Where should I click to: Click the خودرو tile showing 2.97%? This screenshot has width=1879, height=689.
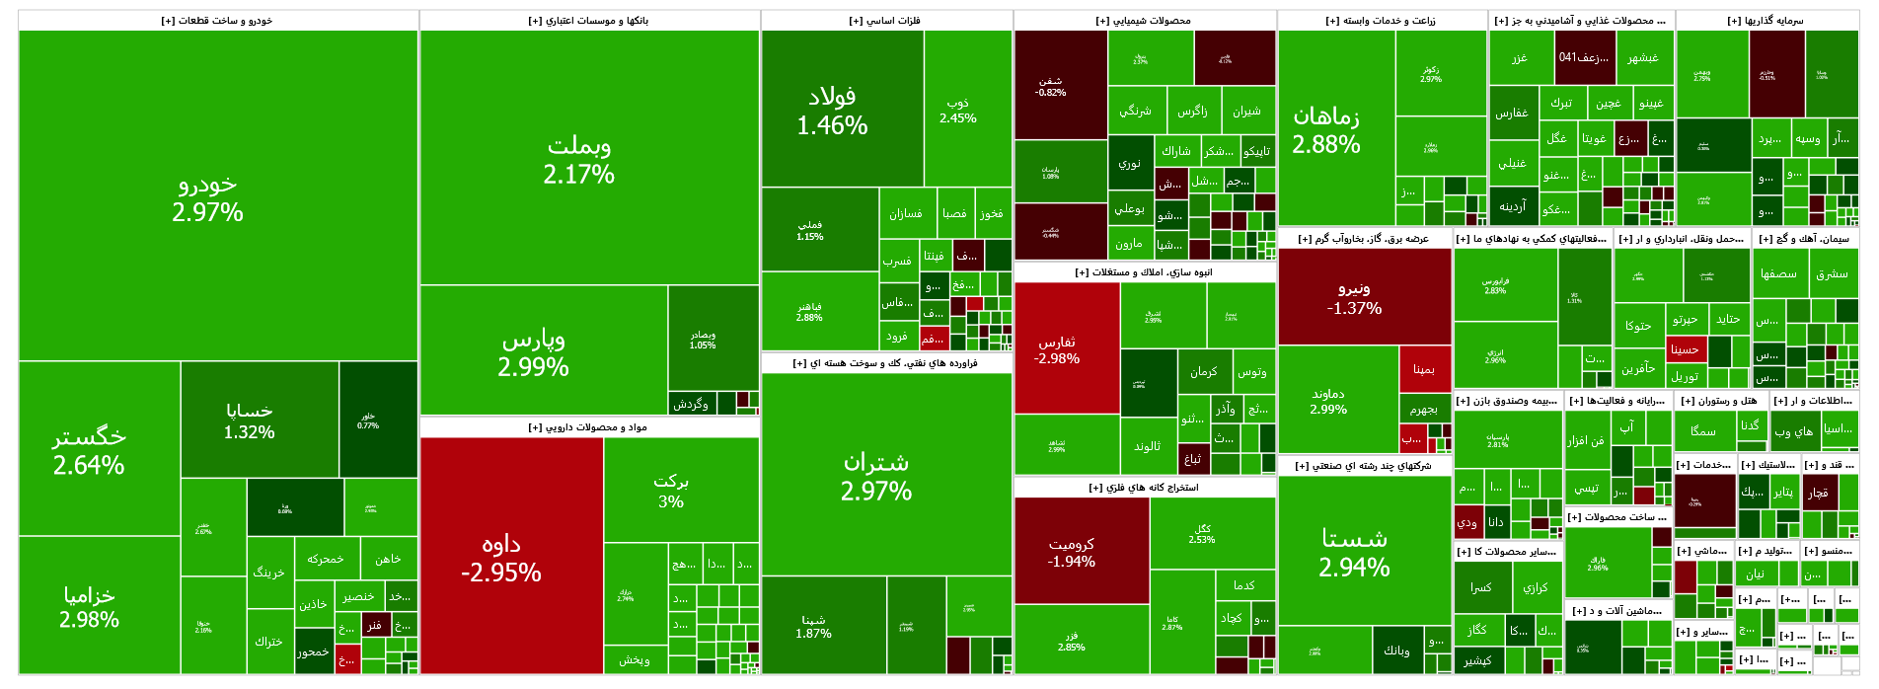click(x=207, y=197)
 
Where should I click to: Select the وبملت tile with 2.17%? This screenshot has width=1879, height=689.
click(x=579, y=160)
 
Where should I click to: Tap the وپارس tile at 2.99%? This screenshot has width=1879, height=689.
click(x=534, y=352)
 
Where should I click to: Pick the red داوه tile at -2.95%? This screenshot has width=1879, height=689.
click(x=501, y=558)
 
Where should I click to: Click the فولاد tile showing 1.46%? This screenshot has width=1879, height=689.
click(x=833, y=111)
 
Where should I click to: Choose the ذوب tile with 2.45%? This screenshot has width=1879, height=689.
click(x=958, y=110)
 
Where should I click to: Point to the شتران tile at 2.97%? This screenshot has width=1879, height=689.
click(x=876, y=476)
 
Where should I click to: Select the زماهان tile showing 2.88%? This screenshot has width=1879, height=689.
click(x=1326, y=130)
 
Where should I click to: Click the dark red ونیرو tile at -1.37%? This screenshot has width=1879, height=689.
click(x=1354, y=298)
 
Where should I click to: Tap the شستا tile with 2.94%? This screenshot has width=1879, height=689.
click(x=1354, y=552)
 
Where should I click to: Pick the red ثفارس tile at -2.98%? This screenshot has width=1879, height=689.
click(x=1057, y=349)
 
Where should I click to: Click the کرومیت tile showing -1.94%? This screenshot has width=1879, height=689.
click(x=1072, y=552)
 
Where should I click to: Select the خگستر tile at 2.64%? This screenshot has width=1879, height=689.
click(x=89, y=450)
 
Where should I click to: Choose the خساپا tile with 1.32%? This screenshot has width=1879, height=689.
click(x=249, y=421)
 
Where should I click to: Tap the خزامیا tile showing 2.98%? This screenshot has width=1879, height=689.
click(x=89, y=606)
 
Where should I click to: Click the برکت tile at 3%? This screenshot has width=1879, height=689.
click(x=671, y=491)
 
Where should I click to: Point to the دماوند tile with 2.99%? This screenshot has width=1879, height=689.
click(x=1328, y=401)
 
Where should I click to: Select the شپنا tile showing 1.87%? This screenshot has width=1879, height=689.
click(x=814, y=627)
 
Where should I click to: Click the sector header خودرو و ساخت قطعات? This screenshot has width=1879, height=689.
click(x=217, y=21)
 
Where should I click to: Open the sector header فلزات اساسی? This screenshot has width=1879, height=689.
click(x=885, y=21)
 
